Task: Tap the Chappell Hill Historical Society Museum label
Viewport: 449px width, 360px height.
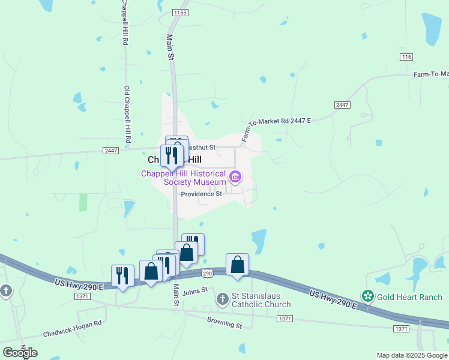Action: coord(184,178)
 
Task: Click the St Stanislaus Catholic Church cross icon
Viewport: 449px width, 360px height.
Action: coord(223,298)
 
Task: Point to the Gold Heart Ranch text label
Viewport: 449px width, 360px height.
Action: coord(409,297)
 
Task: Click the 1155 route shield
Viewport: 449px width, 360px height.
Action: coord(179,12)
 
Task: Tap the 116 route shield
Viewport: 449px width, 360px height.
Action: coord(406,56)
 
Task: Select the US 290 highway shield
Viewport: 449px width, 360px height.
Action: coord(207,274)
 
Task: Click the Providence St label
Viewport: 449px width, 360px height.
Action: coord(202,194)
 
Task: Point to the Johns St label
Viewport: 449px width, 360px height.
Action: coord(194,291)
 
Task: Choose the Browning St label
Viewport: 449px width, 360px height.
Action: coord(224,326)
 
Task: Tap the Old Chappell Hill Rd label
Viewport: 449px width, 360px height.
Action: coord(127,114)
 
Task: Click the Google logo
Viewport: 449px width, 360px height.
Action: coord(20,353)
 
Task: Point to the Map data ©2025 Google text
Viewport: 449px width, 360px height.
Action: coord(412,355)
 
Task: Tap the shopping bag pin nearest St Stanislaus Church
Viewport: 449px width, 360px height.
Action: coord(237,265)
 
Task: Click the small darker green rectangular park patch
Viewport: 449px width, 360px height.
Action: coord(83,202)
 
